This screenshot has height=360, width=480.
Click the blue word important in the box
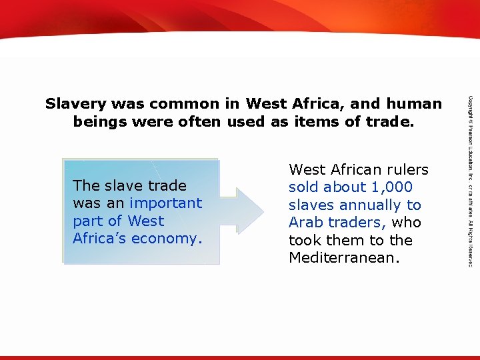166,203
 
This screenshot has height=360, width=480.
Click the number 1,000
391,187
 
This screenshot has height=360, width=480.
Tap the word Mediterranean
343,258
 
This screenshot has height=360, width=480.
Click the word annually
368,205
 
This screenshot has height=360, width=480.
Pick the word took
304,240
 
